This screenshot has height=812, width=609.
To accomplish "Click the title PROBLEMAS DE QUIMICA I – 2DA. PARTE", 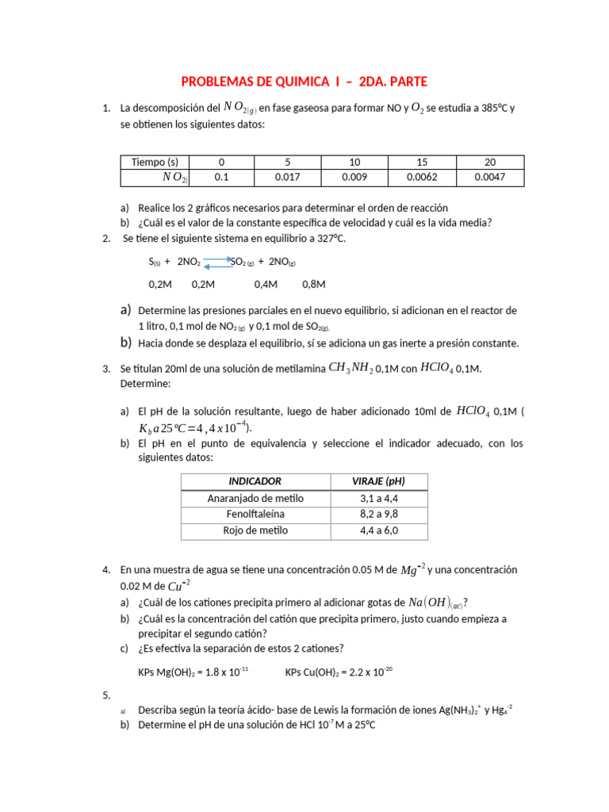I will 304,82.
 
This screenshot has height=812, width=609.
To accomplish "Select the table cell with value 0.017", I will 286,178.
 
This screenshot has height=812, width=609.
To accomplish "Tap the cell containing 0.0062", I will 422,178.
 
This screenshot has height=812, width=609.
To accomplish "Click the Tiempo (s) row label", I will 155,163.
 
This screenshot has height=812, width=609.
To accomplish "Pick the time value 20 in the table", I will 489,163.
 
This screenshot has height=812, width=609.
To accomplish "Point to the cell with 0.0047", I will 489,178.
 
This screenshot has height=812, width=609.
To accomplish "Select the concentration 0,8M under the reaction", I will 314,284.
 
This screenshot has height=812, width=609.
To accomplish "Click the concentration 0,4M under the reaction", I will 266,284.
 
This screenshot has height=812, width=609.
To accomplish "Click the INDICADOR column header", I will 255,481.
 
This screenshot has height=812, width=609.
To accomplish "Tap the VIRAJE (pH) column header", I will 378,481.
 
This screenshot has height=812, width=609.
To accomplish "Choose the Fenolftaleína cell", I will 255,515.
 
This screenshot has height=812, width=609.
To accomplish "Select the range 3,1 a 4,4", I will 378,498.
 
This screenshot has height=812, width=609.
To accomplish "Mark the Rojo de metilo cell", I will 255,530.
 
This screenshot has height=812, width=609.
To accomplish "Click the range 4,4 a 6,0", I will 378,530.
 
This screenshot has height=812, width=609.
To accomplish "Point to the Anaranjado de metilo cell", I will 255,498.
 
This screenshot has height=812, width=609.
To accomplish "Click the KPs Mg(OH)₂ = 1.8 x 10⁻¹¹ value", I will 193,672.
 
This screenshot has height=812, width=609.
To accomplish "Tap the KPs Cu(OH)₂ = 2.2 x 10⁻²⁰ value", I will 339,672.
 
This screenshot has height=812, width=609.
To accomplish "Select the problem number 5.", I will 106,695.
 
